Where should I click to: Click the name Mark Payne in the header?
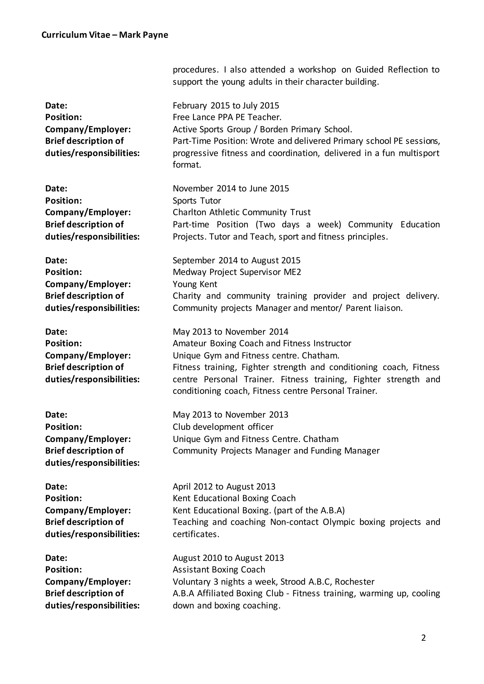click(143, 35)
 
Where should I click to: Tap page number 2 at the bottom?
click(423, 637)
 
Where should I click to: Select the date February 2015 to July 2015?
click(226, 106)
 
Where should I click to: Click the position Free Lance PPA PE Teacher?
click(227, 117)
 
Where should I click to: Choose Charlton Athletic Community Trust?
click(241, 212)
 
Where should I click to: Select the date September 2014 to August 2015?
click(236, 260)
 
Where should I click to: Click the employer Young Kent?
click(195, 284)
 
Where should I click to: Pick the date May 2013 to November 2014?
click(230, 332)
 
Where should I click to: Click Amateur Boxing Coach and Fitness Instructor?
click(262, 343)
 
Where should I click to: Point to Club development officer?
click(223, 427)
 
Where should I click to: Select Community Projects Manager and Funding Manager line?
click(276, 451)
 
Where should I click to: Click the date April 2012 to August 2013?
click(224, 487)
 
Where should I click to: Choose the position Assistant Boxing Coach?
click(219, 570)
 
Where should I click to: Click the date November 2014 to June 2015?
click(231, 188)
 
